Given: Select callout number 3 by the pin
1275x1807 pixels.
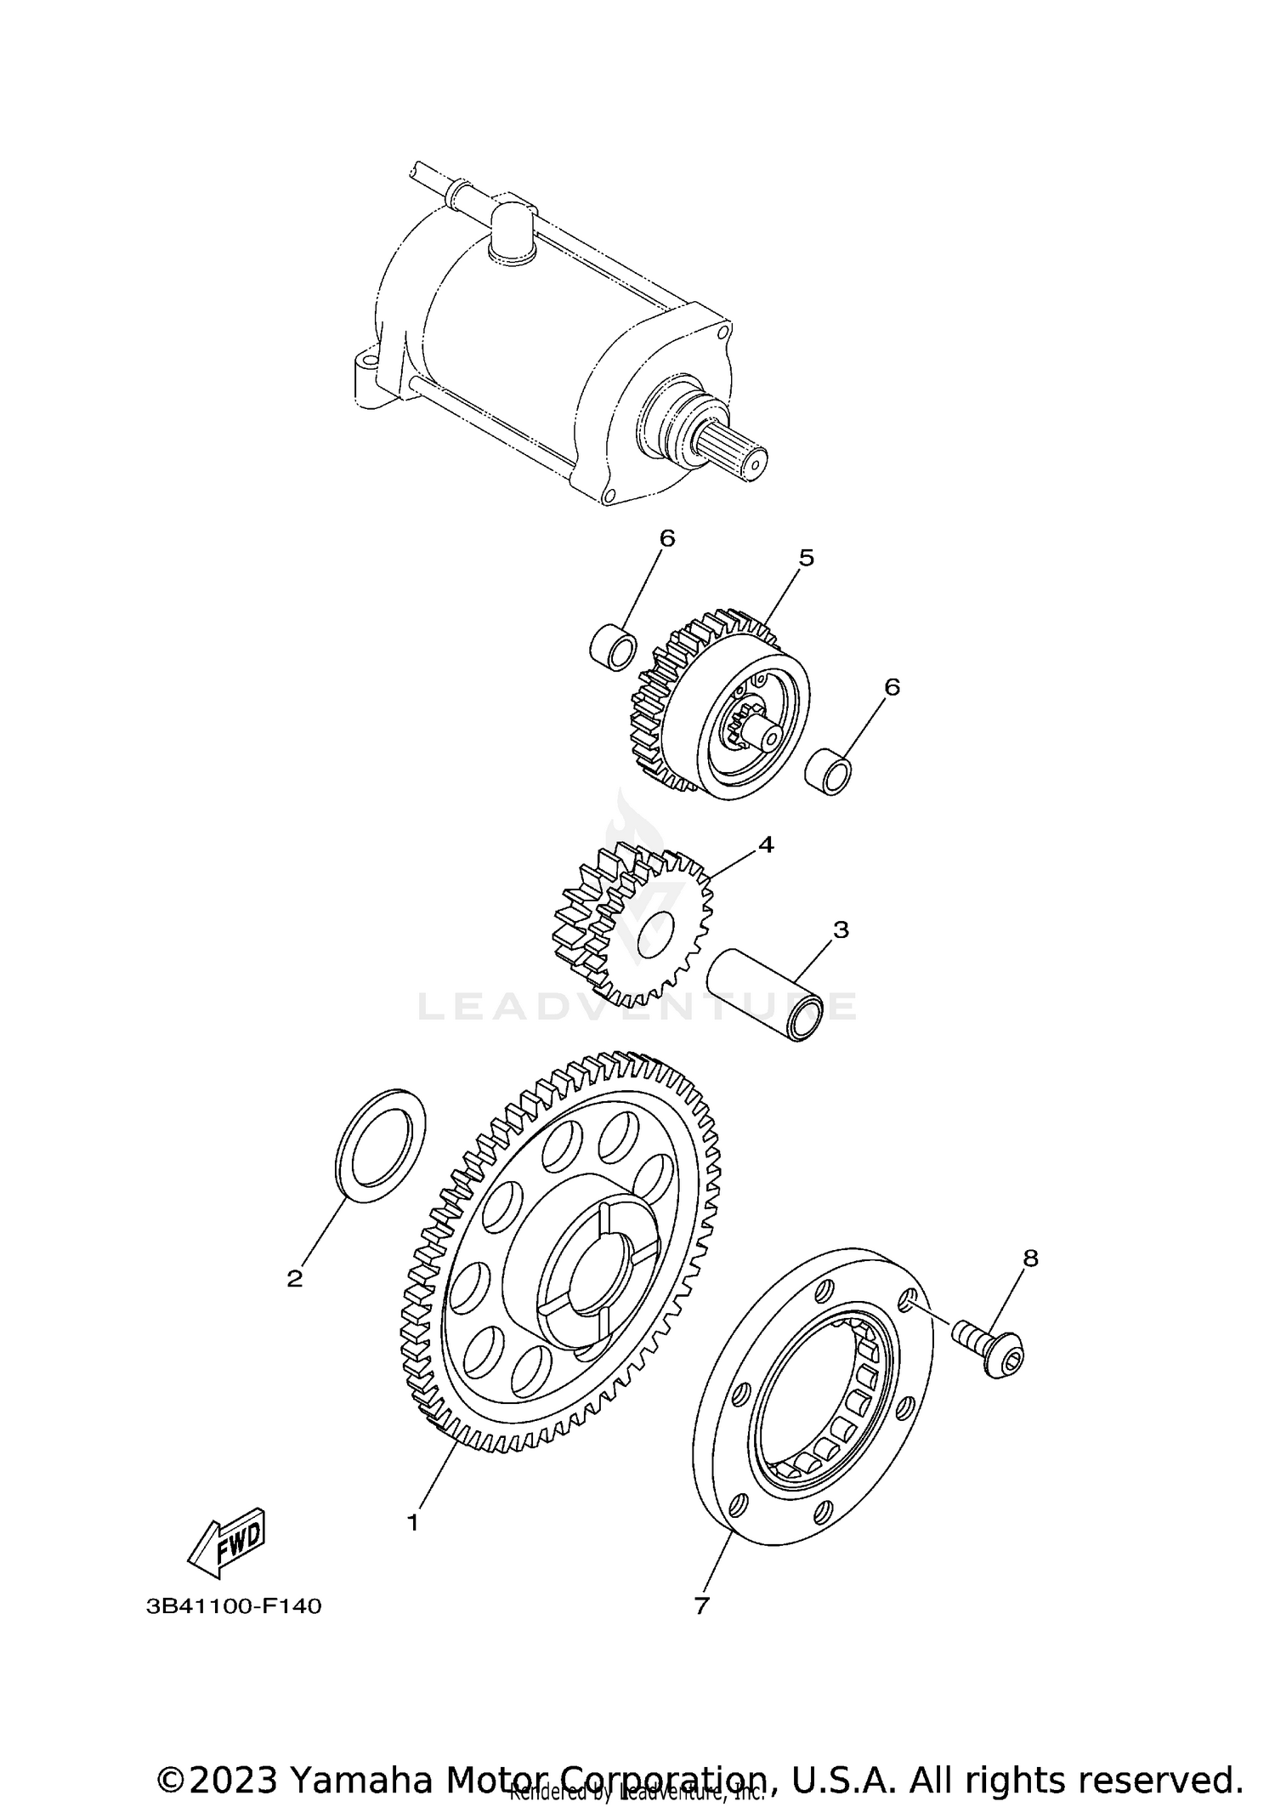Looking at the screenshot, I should (841, 929).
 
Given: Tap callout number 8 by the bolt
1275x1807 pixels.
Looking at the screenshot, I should (1030, 1258).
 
